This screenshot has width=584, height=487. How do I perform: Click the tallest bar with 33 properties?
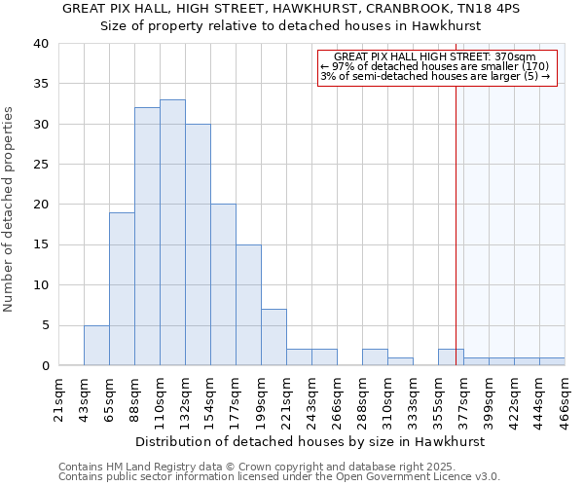(172, 233)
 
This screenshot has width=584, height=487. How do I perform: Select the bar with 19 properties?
(122, 289)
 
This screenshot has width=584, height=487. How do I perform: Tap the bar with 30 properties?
(198, 244)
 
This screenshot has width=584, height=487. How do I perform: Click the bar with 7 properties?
(274, 337)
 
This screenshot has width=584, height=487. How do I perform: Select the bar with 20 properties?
(223, 284)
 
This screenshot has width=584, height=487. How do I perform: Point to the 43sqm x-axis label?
(85, 397)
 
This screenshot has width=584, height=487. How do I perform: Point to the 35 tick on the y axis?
(40, 84)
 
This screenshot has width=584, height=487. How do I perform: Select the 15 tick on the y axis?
(40, 244)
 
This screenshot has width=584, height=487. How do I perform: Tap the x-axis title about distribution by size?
(310, 441)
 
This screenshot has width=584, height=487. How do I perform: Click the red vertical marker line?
(456, 243)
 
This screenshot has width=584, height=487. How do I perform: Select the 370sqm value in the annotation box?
(517, 57)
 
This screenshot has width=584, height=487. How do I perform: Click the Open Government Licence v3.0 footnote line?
(278, 477)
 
